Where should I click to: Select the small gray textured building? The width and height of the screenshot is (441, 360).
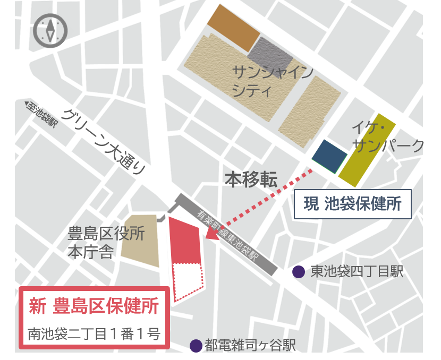pyautogui.click(x=270, y=55)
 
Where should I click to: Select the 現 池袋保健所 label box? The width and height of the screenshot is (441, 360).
pyautogui.click(x=353, y=204)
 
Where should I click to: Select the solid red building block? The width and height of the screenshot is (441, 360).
pyautogui.click(x=184, y=241)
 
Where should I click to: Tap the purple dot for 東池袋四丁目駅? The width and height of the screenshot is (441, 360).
pyautogui.click(x=299, y=272)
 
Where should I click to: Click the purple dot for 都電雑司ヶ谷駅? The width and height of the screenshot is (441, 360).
pyautogui.click(x=196, y=346)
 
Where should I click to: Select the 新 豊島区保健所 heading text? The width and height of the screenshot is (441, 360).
pyautogui.click(x=94, y=307)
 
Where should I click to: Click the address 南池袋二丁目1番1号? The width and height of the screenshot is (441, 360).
pyautogui.click(x=94, y=335)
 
